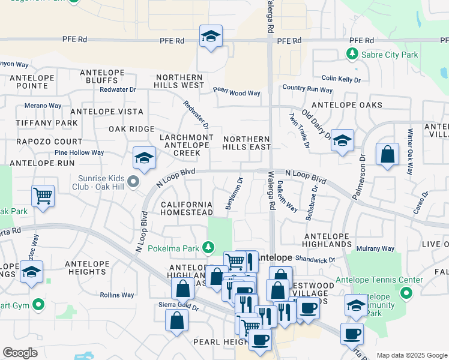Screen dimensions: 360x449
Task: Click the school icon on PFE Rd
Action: pyautogui.click(x=211, y=37)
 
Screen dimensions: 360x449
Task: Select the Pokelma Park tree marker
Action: pyautogui.click(x=208, y=247)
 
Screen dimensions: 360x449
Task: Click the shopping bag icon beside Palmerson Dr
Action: pyautogui.click(x=388, y=154)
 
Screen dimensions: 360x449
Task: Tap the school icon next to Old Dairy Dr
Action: pyautogui.click(x=342, y=141)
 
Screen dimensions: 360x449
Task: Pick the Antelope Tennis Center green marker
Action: pyautogui.click(x=406, y=293)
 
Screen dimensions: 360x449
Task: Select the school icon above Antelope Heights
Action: pyautogui.click(x=32, y=273)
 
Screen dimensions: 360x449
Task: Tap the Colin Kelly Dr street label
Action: pyautogui.click(x=341, y=79)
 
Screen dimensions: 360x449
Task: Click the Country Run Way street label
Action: pyautogui.click(x=307, y=89)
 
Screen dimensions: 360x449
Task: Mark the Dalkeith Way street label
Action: pyautogui.click(x=286, y=197)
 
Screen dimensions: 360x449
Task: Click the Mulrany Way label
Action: pyautogui.click(x=375, y=248)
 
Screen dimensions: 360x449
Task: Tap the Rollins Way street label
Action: pyautogui.click(x=117, y=295)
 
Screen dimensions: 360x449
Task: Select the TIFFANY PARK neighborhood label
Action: pyautogui.click(x=39, y=123)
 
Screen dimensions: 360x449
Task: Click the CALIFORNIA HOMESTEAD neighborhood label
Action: pyautogui.click(x=187, y=209)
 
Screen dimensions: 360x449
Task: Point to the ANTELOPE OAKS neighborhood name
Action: pyautogui.click(x=346, y=105)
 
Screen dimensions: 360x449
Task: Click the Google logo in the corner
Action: pyautogui.click(x=20, y=353)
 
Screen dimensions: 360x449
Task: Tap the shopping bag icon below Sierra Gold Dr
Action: pyautogui.click(x=177, y=320)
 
